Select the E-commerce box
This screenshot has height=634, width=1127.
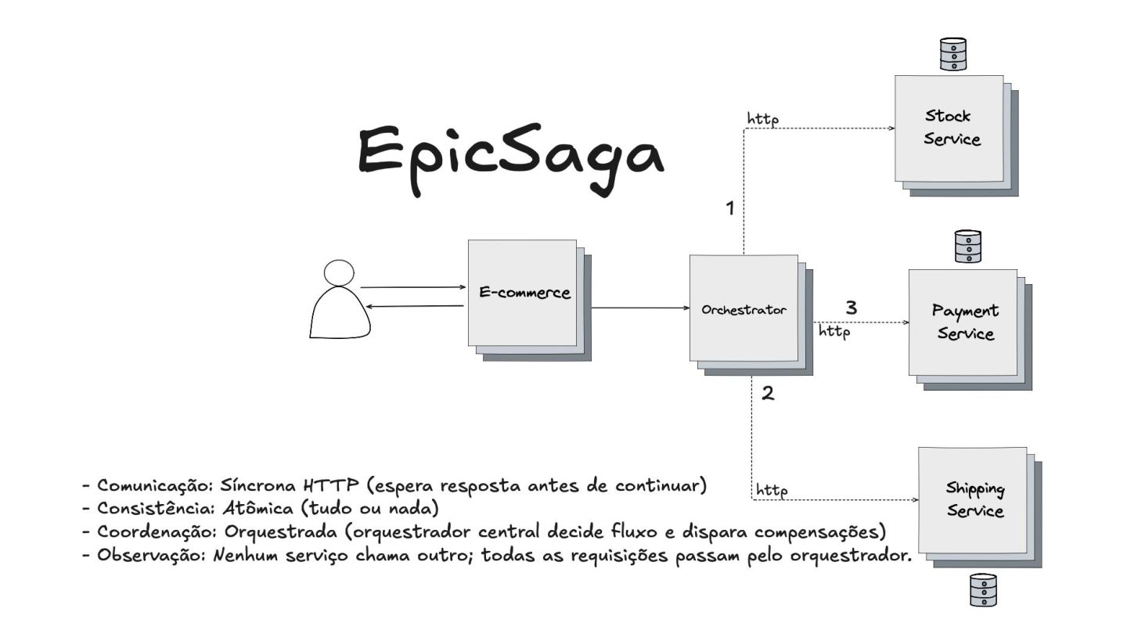click(x=523, y=294)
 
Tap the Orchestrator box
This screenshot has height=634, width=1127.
click(x=744, y=309)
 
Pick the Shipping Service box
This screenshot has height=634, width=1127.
click(x=974, y=501)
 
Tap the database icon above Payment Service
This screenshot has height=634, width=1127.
click(x=968, y=246)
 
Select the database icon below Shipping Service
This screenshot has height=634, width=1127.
click(x=983, y=590)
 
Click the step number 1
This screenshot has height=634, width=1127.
click(x=730, y=209)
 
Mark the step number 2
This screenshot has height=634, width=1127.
click(x=768, y=394)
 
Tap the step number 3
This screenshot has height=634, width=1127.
click(x=852, y=308)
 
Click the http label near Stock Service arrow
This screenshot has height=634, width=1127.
click(x=762, y=119)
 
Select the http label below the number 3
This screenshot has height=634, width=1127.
click(x=834, y=332)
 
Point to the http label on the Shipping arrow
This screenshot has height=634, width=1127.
click(x=771, y=491)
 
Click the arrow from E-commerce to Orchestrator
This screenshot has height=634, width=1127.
click(x=638, y=308)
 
